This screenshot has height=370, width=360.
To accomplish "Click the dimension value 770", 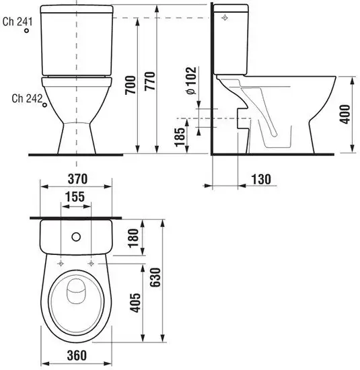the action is click(x=149, y=81).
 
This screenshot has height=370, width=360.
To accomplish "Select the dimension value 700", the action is click(x=131, y=85).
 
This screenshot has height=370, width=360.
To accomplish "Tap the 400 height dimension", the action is click(x=345, y=114).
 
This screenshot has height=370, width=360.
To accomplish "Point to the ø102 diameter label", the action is click(x=191, y=81).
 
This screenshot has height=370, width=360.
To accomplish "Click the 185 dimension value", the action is click(x=180, y=137).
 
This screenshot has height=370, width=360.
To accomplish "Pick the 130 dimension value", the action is click(x=261, y=180).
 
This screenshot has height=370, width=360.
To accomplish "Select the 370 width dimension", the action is click(x=77, y=179).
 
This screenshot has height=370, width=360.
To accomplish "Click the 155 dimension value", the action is click(x=75, y=196).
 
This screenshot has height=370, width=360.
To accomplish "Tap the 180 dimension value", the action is click(x=133, y=238).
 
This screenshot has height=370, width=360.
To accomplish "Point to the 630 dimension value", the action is click(x=155, y=277).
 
